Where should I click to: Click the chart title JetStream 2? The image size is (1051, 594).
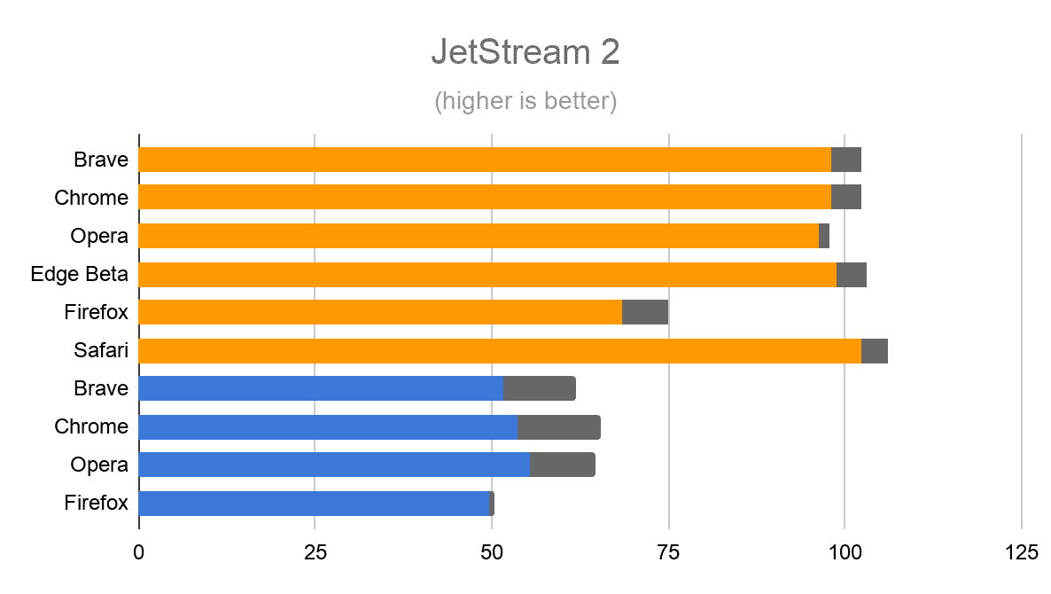pyautogui.click(x=525, y=52)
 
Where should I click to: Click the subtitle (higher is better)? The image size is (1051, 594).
pyautogui.click(x=525, y=101)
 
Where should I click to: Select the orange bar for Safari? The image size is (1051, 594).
pyautogui.click(x=500, y=351)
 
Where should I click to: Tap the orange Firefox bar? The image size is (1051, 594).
pyautogui.click(x=380, y=312)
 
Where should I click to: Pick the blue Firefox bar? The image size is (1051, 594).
pyautogui.click(x=314, y=504)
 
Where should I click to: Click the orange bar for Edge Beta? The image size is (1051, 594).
pyautogui.click(x=487, y=275)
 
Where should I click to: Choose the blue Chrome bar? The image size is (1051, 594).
pyautogui.click(x=328, y=427)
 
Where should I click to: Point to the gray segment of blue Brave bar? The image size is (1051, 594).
pyautogui.click(x=540, y=388)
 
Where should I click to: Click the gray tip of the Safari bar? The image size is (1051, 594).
pyautogui.click(x=875, y=351)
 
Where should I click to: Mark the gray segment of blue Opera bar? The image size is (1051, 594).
pyautogui.click(x=563, y=465)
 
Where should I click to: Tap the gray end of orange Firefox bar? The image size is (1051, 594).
pyautogui.click(x=645, y=312)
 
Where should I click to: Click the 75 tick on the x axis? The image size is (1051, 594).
pyautogui.click(x=668, y=552)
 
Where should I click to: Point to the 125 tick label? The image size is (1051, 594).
pyautogui.click(x=1021, y=552)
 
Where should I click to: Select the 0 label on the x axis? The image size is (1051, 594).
pyautogui.click(x=139, y=552)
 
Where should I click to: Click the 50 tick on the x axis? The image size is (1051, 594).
pyautogui.click(x=492, y=552)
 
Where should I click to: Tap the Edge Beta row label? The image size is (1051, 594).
pyautogui.click(x=79, y=274)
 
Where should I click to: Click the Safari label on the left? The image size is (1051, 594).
pyautogui.click(x=101, y=350)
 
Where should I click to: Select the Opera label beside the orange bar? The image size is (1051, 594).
pyautogui.click(x=99, y=236)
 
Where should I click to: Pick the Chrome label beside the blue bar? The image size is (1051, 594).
pyautogui.click(x=91, y=426)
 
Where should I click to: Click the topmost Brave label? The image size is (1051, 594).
pyautogui.click(x=101, y=160)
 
